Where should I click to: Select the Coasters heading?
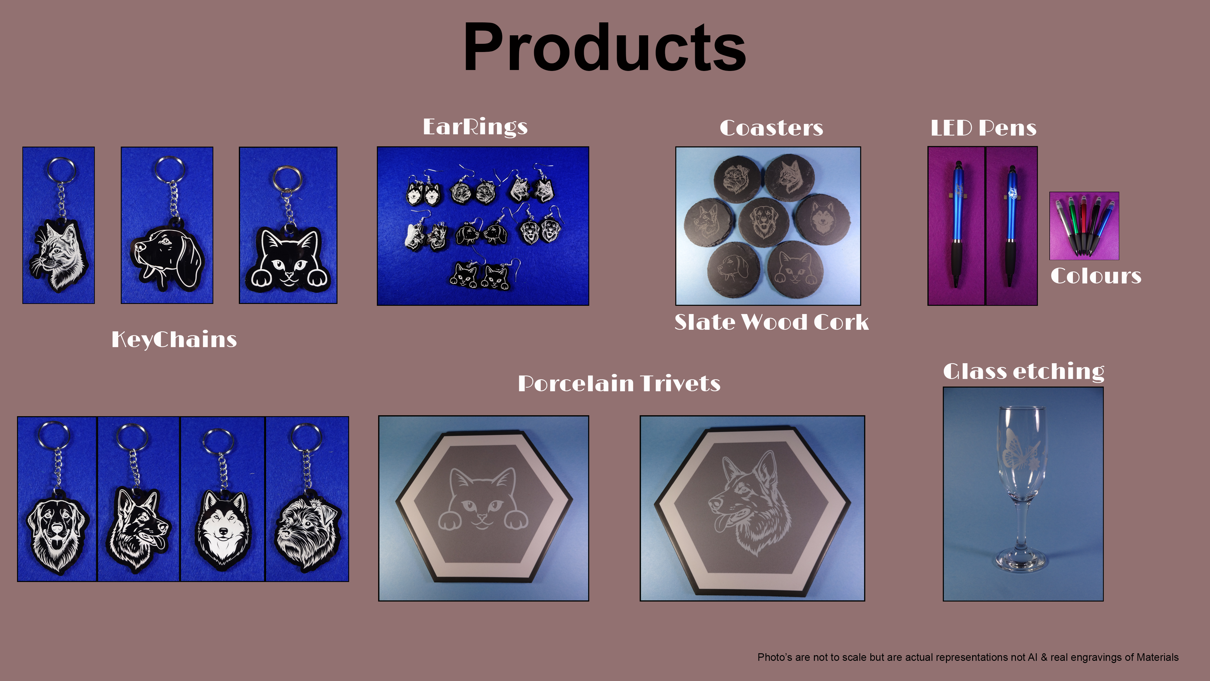771,128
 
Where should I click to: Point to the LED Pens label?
983,128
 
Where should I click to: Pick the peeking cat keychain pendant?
288,259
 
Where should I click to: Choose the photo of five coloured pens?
1084,226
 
